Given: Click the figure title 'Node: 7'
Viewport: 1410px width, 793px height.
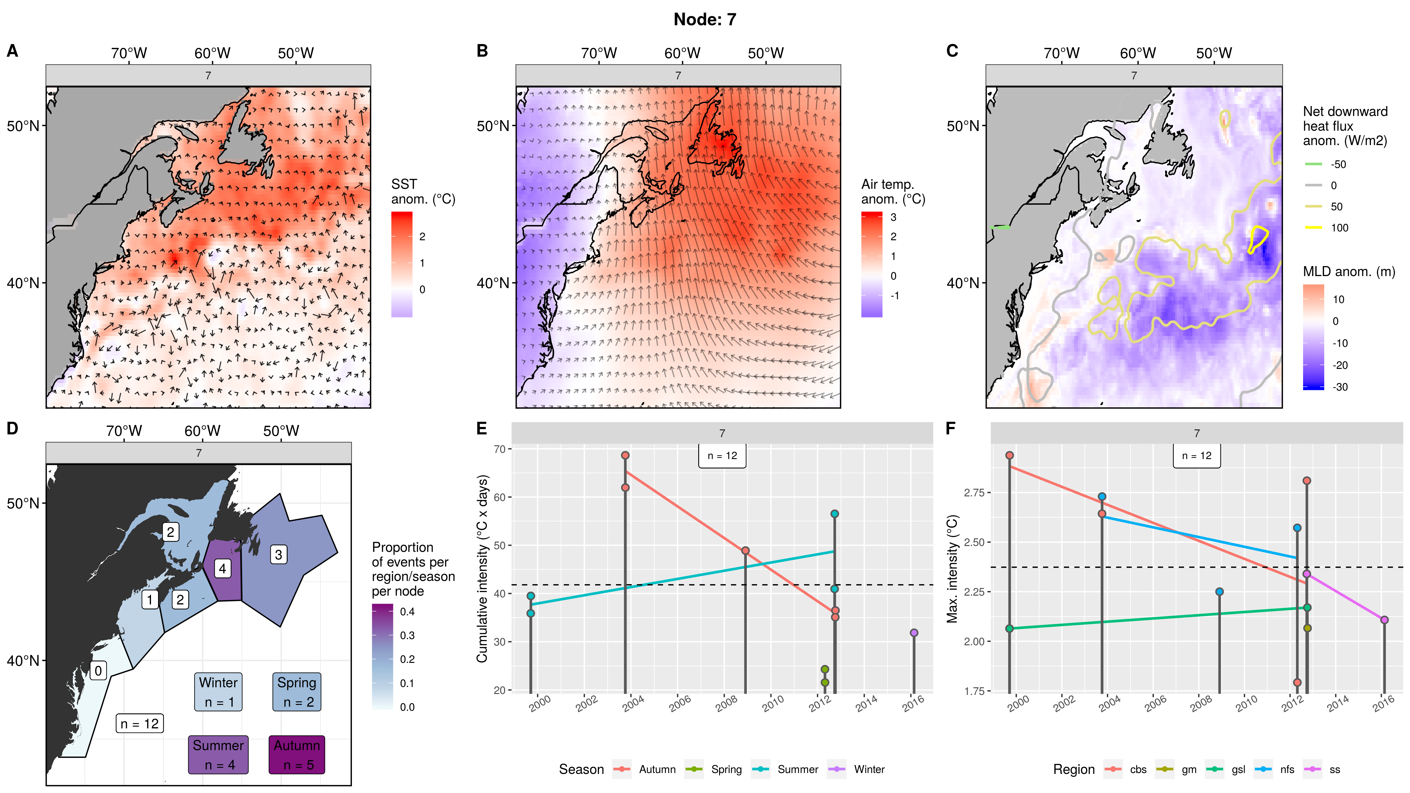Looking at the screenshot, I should pyautogui.click(x=704, y=20).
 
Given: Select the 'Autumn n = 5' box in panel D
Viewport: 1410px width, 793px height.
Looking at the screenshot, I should pyautogui.click(x=297, y=755).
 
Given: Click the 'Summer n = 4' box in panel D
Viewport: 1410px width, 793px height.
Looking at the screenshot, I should pyautogui.click(x=218, y=755).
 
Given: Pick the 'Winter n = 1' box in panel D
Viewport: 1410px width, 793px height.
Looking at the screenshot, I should pyautogui.click(x=218, y=692).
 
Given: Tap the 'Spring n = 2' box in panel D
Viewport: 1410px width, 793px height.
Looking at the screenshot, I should pyautogui.click(x=297, y=692).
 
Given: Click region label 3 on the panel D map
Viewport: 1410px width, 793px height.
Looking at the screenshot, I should pyautogui.click(x=278, y=555).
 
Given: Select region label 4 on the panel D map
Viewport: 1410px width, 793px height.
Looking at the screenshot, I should pyautogui.click(x=222, y=569).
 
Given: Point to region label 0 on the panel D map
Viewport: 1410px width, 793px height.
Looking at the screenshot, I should pyautogui.click(x=98, y=671).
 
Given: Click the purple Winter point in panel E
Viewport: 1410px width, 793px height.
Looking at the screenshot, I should pyautogui.click(x=914, y=633).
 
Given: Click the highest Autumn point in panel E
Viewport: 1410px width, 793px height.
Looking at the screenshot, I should pyautogui.click(x=625, y=455).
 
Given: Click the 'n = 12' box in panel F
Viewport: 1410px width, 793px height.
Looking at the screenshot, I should pyautogui.click(x=1196, y=455).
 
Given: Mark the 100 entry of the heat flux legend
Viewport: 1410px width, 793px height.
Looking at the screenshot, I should pyautogui.click(x=1339, y=228).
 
